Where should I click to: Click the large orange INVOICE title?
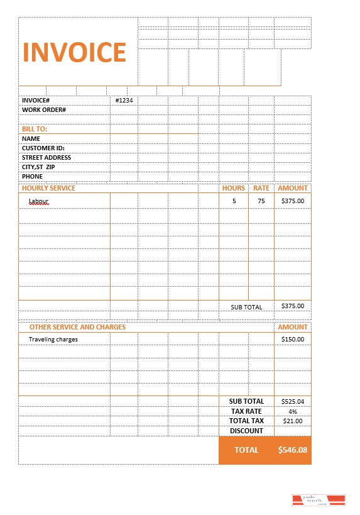(75, 52)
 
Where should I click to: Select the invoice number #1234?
(124, 101)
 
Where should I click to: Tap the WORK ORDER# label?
(44, 110)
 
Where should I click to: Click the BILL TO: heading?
(35, 129)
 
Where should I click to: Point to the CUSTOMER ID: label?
(43, 148)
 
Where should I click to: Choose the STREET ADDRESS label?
(46, 158)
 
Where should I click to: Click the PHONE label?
(33, 177)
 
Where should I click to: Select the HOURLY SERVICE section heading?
(48, 188)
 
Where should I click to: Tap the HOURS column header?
(234, 188)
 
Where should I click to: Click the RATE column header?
(261, 188)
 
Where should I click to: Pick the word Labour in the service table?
(39, 201)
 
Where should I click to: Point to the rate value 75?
(261, 201)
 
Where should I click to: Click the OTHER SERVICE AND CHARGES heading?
(77, 327)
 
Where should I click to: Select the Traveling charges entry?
(53, 340)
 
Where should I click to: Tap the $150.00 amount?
(293, 340)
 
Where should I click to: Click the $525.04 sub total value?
(293, 401)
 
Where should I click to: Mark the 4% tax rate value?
(293, 411)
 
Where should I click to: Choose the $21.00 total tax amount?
(293, 421)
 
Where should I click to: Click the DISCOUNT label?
(246, 431)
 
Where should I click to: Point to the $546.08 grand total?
(293, 450)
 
